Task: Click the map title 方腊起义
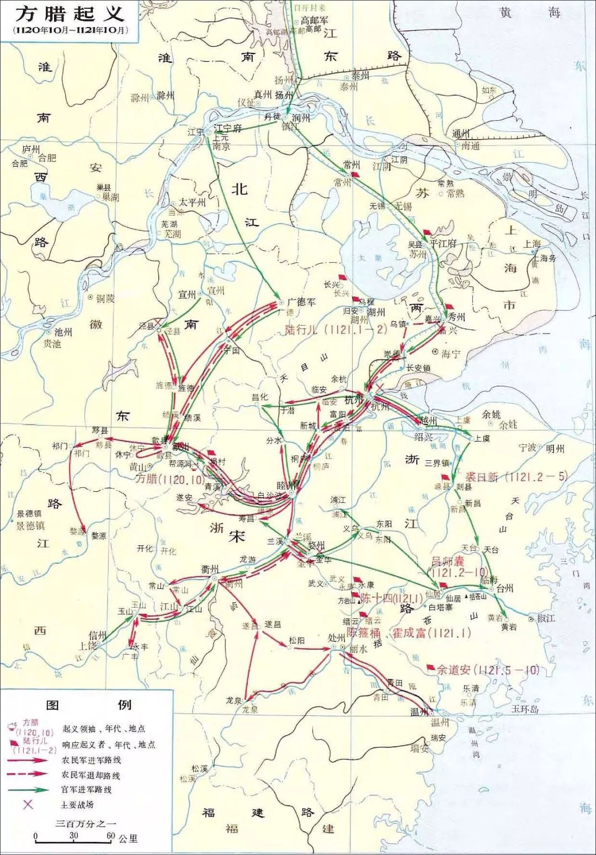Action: click(69, 13)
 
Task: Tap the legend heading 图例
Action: click(88, 705)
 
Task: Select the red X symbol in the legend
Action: click(28, 804)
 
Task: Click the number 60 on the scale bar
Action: click(110, 836)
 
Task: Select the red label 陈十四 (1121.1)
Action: click(391, 598)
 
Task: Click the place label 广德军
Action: click(301, 302)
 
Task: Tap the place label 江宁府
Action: click(227, 128)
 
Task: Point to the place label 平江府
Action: click(443, 243)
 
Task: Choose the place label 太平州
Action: click(192, 203)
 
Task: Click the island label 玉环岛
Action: click(524, 709)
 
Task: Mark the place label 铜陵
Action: click(105, 298)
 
